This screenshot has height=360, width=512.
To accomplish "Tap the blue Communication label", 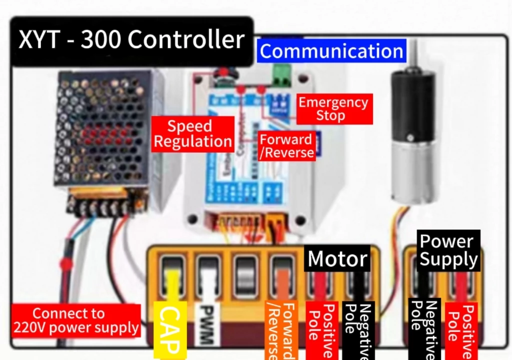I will (331, 51).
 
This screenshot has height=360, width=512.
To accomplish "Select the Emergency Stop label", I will (334, 109).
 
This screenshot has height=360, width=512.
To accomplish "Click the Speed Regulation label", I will (192, 134).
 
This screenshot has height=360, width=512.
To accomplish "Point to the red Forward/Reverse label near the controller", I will (286, 146).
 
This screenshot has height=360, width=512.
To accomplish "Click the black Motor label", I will (337, 258).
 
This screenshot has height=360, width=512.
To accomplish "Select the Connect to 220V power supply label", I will (75, 320).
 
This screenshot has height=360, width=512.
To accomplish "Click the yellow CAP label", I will (170, 329).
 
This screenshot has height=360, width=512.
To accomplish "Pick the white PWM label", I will (207, 324).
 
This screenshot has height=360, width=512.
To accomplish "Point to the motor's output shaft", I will (413, 54).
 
